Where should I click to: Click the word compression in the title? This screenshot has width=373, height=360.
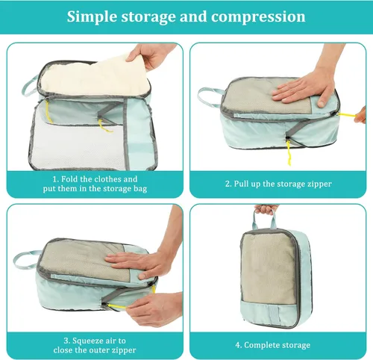pyautogui.click(x=258, y=17)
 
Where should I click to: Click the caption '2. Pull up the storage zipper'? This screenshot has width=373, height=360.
pyautogui.click(x=278, y=184)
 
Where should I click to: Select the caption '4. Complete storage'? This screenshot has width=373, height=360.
pyautogui.click(x=272, y=345)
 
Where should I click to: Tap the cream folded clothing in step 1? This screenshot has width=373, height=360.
pyautogui.click(x=95, y=76)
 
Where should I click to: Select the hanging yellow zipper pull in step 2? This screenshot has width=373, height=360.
pyautogui.click(x=289, y=152)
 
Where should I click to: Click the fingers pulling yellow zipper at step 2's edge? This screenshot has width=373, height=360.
pyautogui.click(x=361, y=115)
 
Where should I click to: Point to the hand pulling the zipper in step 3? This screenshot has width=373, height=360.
pyautogui.click(x=154, y=308)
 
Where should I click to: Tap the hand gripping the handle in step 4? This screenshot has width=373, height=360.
pyautogui.click(x=266, y=208)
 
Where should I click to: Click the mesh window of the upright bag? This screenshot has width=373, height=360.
pyautogui.click(x=269, y=268)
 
